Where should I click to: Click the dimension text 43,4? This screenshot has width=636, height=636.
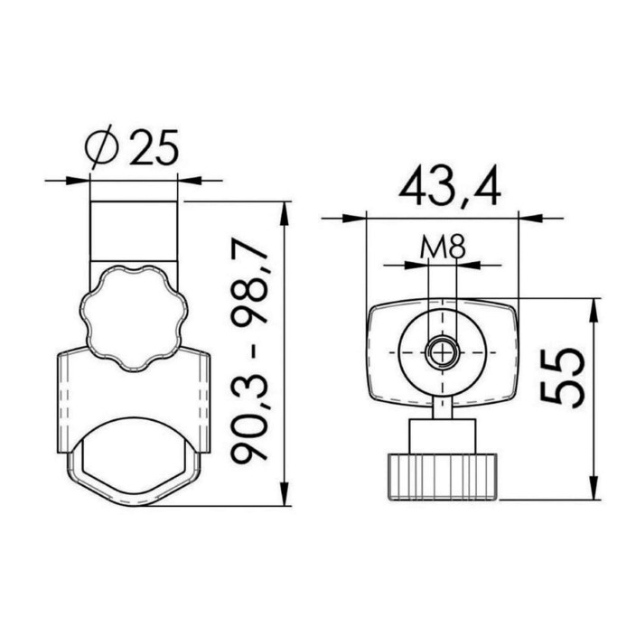449,187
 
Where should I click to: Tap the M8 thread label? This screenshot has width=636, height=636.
443,247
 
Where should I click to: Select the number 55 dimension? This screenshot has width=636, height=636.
562,378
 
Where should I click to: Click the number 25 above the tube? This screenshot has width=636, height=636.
154,147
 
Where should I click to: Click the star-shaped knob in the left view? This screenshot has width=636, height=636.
134,318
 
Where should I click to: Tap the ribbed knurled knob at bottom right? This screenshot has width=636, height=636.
443,477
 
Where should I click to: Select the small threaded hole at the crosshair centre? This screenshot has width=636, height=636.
442,352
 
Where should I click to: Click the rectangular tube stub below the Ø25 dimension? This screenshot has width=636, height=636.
134,231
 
